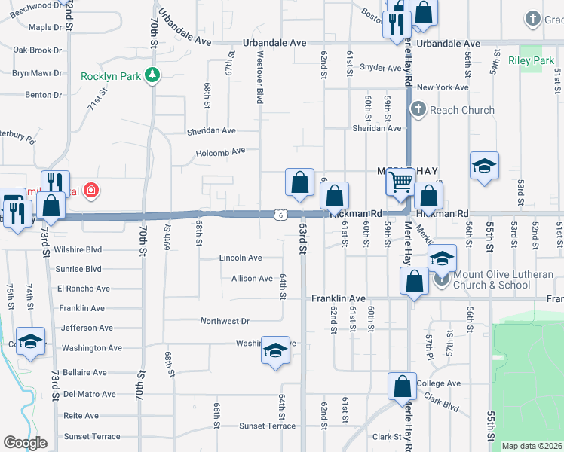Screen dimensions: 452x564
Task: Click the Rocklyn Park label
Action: pyautogui.click(x=111, y=75)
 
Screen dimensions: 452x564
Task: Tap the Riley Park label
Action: pyautogui.click(x=532, y=60)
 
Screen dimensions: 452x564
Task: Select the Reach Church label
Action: pyautogui.click(x=461, y=110)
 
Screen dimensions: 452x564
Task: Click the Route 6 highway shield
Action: pyautogui.click(x=280, y=215)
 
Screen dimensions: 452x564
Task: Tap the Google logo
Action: pyautogui.click(x=25, y=443)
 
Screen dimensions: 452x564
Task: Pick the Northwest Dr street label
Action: pyautogui.click(x=224, y=321)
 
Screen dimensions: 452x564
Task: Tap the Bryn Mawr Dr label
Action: pyautogui.click(x=36, y=73)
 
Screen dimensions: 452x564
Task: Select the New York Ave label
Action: pyautogui.click(x=443, y=87)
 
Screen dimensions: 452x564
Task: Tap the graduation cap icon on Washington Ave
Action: pyautogui.click(x=275, y=350)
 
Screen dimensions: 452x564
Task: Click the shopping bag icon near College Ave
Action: pyautogui.click(x=403, y=386)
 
